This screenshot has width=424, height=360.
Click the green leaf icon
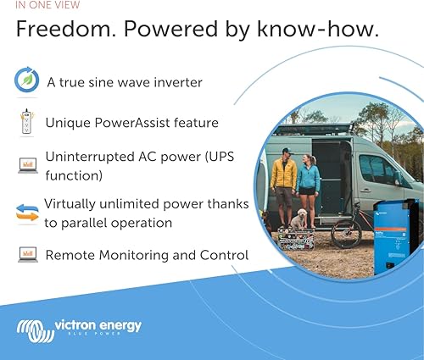tap(27, 81)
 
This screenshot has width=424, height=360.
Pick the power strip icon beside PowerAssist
tap(26, 123)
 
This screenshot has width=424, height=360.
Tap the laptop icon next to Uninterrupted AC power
tap(27, 164)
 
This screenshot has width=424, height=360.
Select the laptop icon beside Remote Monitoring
tap(27, 254)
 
